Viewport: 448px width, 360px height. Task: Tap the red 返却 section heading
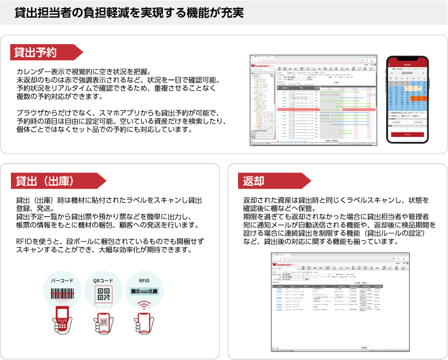tap(254, 181)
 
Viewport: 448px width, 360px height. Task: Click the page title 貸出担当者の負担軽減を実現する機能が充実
tap(129, 13)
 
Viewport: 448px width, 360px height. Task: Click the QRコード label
tap(104, 280)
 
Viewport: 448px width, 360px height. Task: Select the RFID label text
tap(145, 280)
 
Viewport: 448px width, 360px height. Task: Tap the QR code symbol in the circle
tap(104, 294)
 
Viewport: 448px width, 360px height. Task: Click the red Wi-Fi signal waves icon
tap(145, 304)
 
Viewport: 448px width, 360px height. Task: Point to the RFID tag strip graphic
tap(145, 292)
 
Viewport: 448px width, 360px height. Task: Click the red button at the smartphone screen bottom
tap(408, 134)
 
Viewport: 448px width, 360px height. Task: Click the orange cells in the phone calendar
tap(414, 98)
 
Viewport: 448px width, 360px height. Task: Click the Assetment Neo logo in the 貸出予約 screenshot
tap(264, 66)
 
